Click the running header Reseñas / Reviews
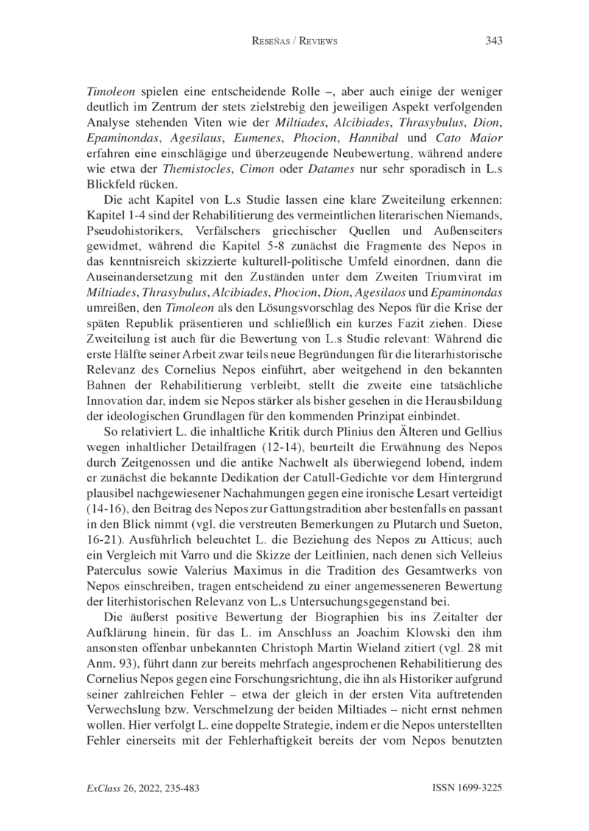[294, 41]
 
